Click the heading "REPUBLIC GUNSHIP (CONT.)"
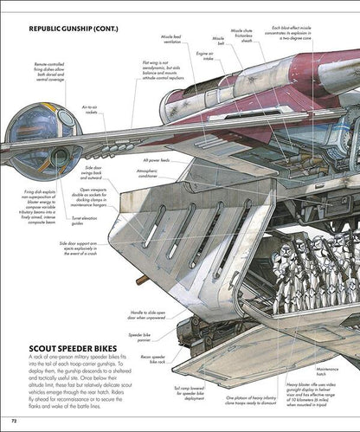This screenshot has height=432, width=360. coord(73,29)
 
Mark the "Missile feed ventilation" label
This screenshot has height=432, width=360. coord(164,38)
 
